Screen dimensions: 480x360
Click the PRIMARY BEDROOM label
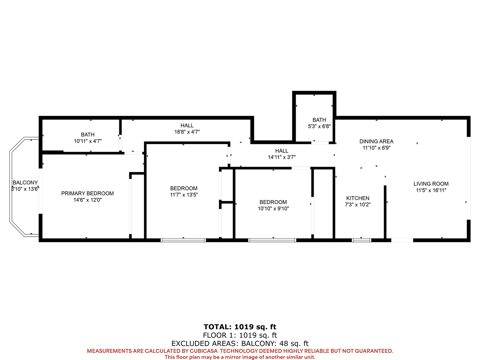point(87,193)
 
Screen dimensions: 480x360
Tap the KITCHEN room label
point(358,198)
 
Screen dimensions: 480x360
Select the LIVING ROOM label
point(431,184)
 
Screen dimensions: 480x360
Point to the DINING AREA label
point(376,141)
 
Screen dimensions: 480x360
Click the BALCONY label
point(25,183)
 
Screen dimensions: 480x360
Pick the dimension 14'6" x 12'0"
point(87,200)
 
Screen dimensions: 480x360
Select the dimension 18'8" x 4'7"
point(187,132)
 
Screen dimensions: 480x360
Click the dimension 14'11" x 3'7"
point(282,157)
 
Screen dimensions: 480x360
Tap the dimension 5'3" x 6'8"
point(319,126)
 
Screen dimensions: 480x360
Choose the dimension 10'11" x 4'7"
point(88,141)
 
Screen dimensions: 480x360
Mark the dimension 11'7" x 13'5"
point(184,195)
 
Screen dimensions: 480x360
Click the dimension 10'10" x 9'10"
point(273,209)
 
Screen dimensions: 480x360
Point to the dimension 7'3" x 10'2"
point(358,205)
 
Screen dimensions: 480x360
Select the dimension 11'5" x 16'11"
point(431,190)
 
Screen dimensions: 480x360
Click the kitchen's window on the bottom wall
point(361,240)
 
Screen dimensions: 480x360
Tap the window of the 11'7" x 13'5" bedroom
point(183,240)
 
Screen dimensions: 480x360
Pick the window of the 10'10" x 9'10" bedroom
point(272,240)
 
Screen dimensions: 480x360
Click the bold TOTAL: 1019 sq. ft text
point(240,327)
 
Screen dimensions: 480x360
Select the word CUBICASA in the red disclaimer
point(204,351)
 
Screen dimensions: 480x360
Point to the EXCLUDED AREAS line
point(240,343)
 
